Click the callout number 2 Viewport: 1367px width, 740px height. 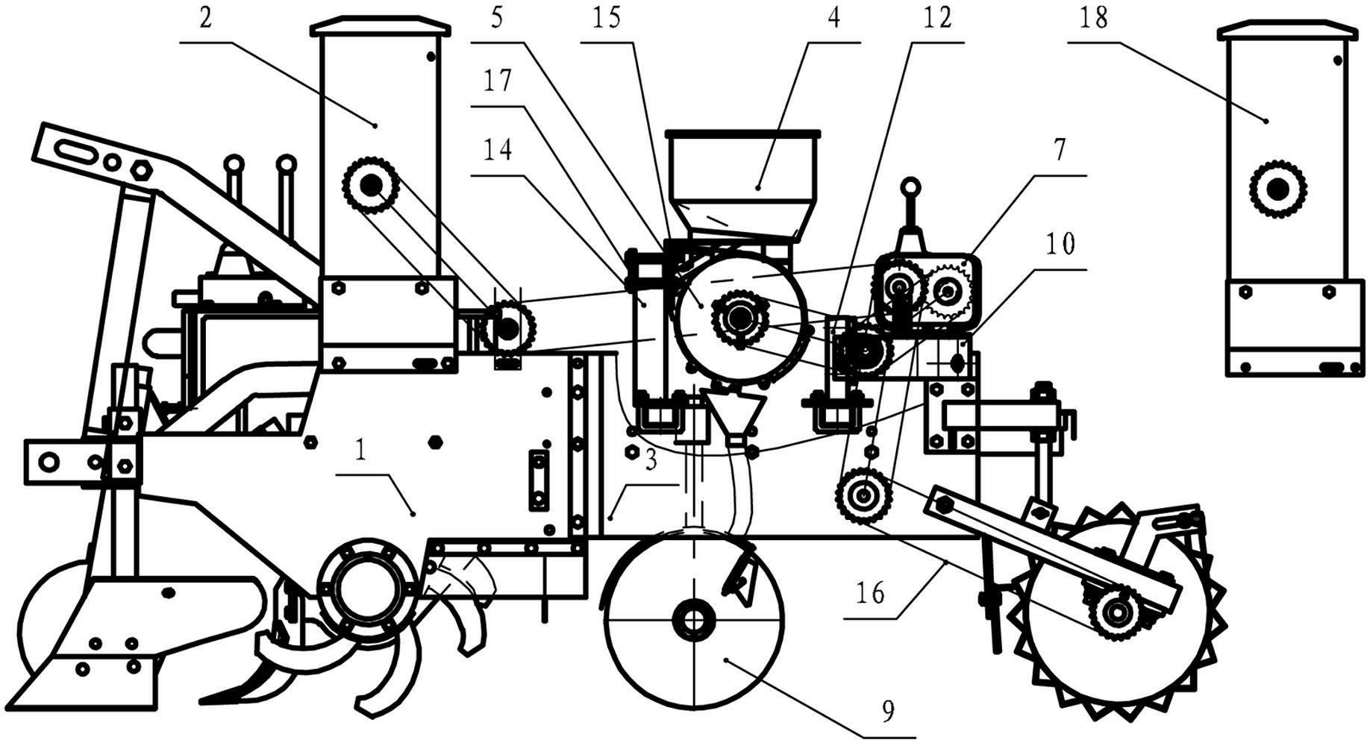[x=205, y=18]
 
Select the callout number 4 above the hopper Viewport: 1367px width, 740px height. [x=833, y=18]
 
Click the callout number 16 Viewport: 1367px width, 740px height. [x=870, y=593]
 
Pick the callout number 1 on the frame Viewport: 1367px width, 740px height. [x=361, y=451]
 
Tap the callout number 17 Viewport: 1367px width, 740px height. [x=497, y=81]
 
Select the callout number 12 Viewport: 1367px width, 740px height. [x=937, y=18]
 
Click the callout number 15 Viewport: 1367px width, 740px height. [x=607, y=18]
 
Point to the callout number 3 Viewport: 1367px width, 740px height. [x=651, y=461]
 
